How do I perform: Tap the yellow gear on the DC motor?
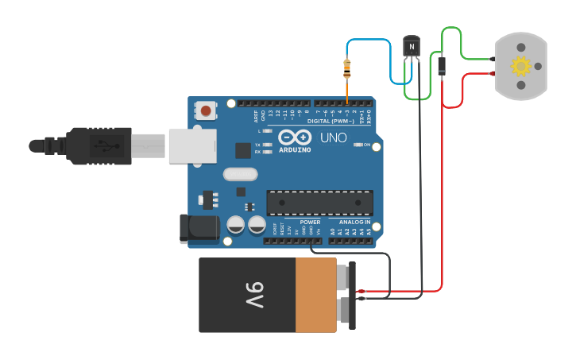click(521, 66)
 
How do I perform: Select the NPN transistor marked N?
click(411, 48)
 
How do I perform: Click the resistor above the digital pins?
click(347, 70)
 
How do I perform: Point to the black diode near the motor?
click(441, 66)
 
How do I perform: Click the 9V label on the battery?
click(253, 295)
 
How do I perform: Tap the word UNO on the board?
click(334, 137)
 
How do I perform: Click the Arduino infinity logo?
click(295, 136)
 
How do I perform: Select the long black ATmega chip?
click(319, 203)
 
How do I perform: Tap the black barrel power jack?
click(198, 228)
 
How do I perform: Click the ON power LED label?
click(368, 145)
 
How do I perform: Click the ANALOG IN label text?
click(355, 222)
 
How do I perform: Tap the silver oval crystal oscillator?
click(241, 174)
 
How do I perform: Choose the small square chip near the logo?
click(243, 149)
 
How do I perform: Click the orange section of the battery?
click(316, 295)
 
